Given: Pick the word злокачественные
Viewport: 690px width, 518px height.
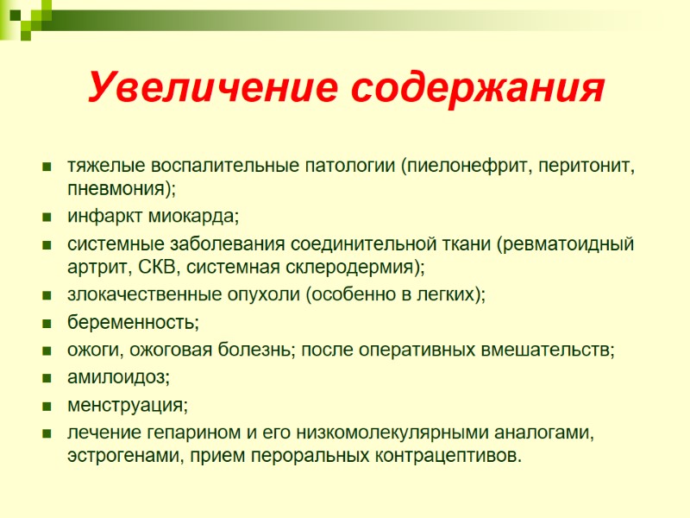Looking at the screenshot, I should (x=139, y=294).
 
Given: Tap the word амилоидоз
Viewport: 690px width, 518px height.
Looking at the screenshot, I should (x=117, y=378).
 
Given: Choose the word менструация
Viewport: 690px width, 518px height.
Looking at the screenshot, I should (x=125, y=405).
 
